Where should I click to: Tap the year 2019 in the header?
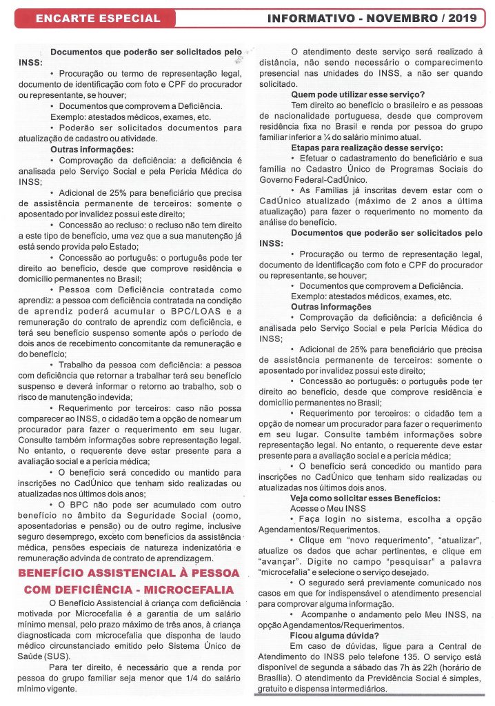(x=464, y=18)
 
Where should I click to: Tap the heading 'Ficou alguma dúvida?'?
(x=338, y=636)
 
